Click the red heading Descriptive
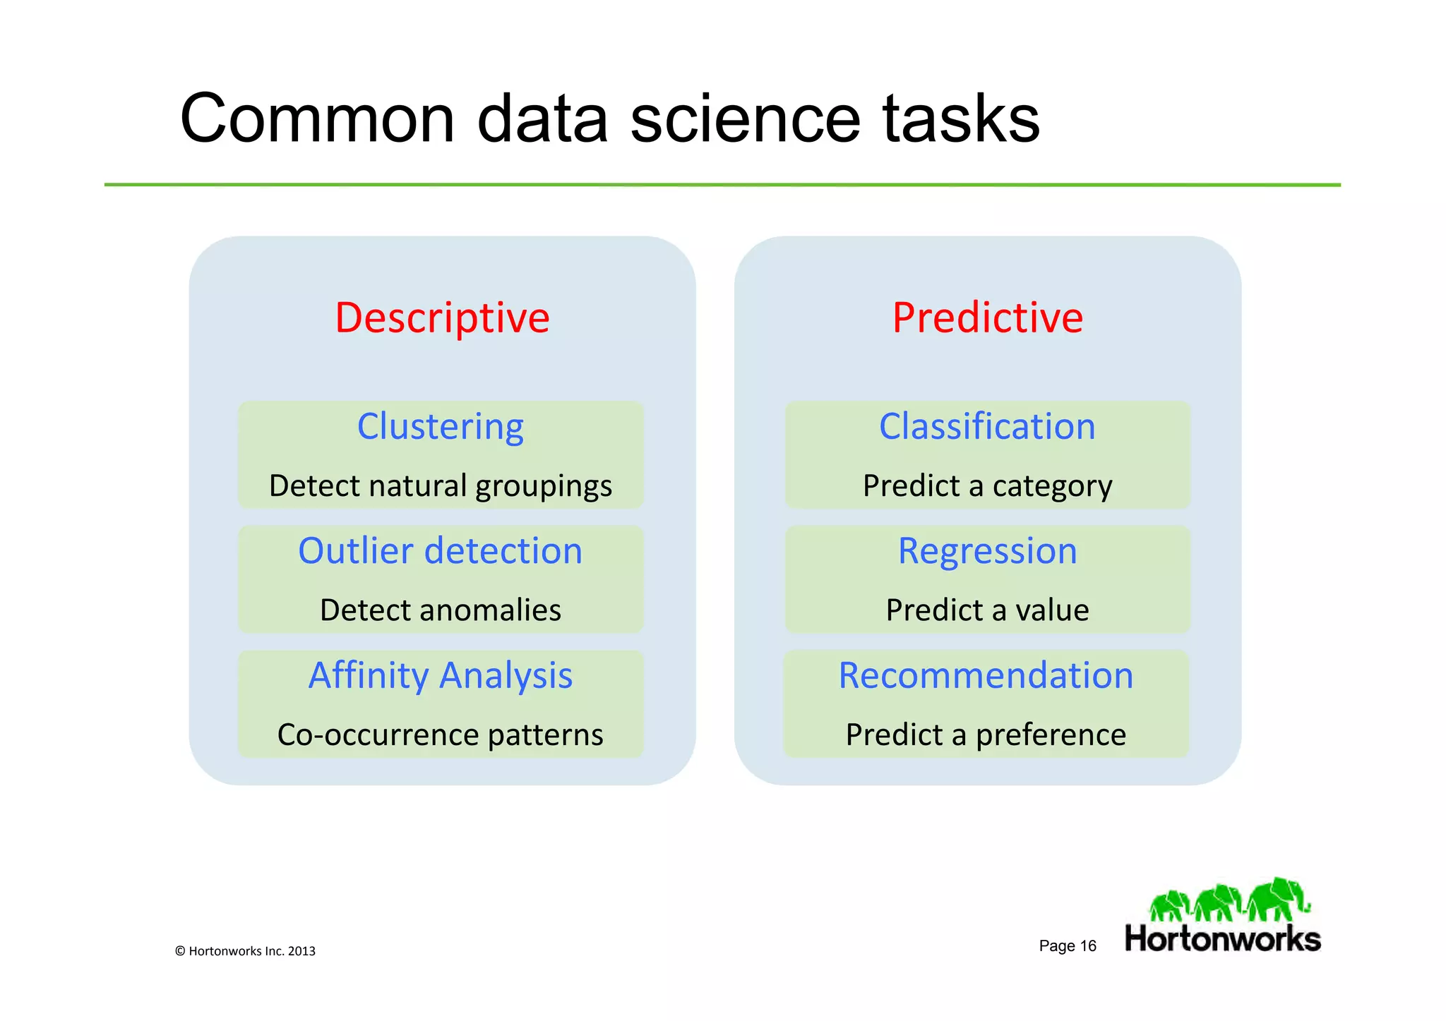tap(442, 318)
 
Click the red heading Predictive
tap(987, 318)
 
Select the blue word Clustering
tap(441, 427)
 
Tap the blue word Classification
tap(987, 427)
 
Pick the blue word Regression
tap(987, 551)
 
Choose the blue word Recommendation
tap(986, 675)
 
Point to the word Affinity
tap(369, 676)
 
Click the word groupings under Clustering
tap(544, 487)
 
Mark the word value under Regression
tap(1052, 610)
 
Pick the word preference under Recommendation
tap(1051, 735)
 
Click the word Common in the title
tap(317, 119)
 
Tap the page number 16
tap(1087, 946)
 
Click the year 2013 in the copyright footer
tap(301, 951)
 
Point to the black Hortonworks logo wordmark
tap(1222, 939)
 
